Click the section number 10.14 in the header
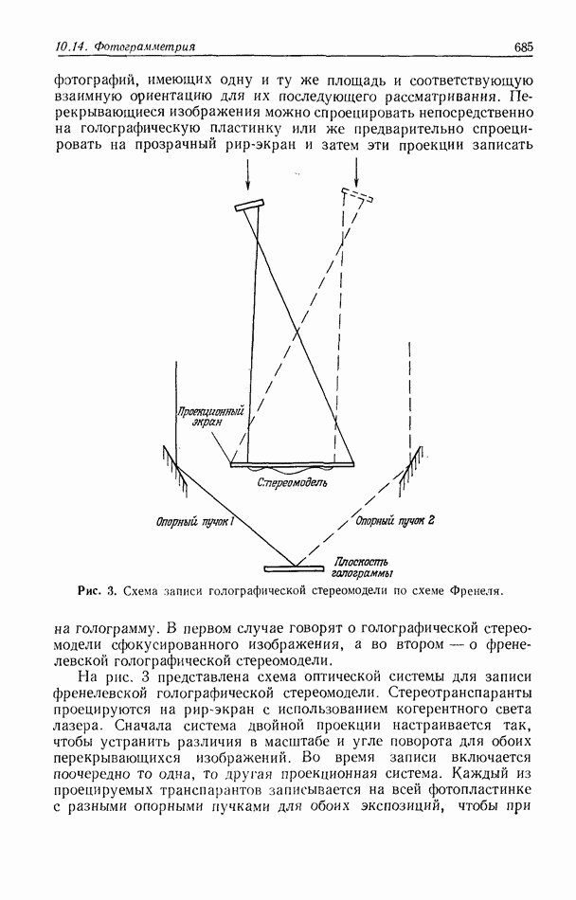coord(45,46)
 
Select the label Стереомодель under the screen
coord(292,481)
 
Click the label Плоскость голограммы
coord(363,567)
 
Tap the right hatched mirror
coord(412,464)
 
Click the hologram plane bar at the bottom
coord(294,568)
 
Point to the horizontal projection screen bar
coord(294,463)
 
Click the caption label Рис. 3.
coord(99,592)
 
